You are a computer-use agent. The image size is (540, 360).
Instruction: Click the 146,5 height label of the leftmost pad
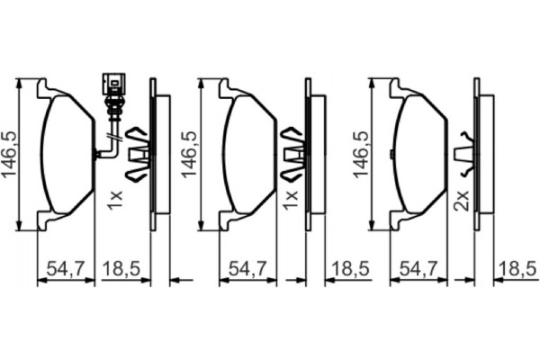click(x=11, y=154)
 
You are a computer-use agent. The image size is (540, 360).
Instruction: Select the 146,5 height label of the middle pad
click(x=189, y=154)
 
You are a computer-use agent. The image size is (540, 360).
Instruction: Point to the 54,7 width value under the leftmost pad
click(x=65, y=267)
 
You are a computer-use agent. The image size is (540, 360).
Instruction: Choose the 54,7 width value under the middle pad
click(x=244, y=267)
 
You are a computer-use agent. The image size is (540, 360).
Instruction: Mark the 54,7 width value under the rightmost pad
click(x=418, y=267)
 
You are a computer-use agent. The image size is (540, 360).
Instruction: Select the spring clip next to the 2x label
click(x=464, y=155)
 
